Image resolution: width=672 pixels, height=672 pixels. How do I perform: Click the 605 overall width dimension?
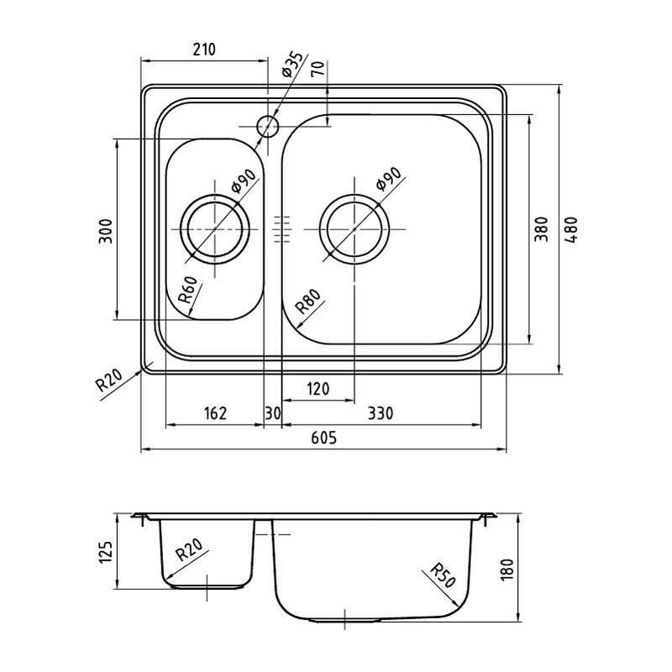[x=324, y=438]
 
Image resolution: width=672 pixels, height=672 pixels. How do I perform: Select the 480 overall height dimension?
[x=572, y=230]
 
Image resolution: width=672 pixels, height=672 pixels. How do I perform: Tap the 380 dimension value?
[x=541, y=229]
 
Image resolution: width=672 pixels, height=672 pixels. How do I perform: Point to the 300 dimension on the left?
[x=106, y=231]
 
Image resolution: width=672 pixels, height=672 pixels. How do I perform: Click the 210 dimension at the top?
[x=204, y=50]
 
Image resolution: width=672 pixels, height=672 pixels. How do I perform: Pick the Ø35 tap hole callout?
[x=292, y=65]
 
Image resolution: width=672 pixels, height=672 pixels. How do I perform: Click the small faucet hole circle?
[x=268, y=127]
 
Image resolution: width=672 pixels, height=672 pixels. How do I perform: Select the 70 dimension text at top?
[x=318, y=69]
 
